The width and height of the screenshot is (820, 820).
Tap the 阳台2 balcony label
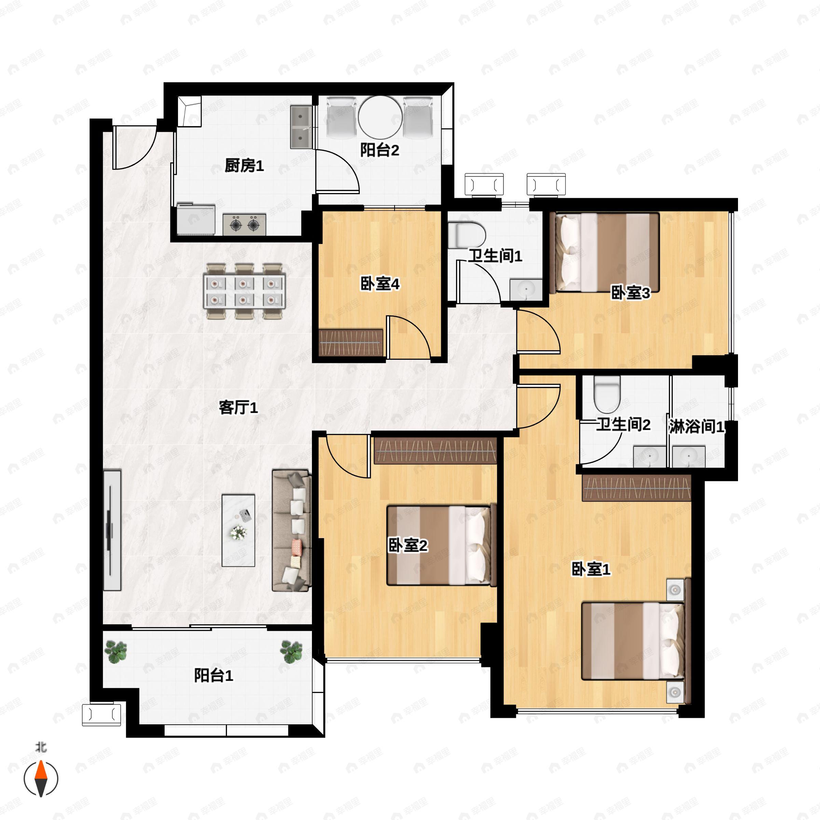[x=380, y=150]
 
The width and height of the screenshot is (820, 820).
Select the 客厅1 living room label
[x=238, y=408]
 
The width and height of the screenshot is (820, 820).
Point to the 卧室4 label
[x=380, y=284]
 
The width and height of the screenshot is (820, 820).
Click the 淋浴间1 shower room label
[x=697, y=426]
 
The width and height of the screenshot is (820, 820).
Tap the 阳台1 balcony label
[x=214, y=675]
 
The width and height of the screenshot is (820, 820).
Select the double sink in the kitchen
[x=301, y=127]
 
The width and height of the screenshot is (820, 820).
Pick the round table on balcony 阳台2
[x=380, y=117]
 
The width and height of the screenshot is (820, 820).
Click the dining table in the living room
[x=245, y=291]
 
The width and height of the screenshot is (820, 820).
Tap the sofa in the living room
[x=291, y=530]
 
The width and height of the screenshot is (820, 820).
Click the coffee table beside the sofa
[x=238, y=530]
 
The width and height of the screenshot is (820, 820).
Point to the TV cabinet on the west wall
[x=112, y=530]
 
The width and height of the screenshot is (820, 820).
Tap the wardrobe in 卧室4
[x=351, y=342]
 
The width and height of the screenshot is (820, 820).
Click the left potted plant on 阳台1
[x=116, y=652]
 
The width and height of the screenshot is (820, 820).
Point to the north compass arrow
[x=41, y=778]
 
